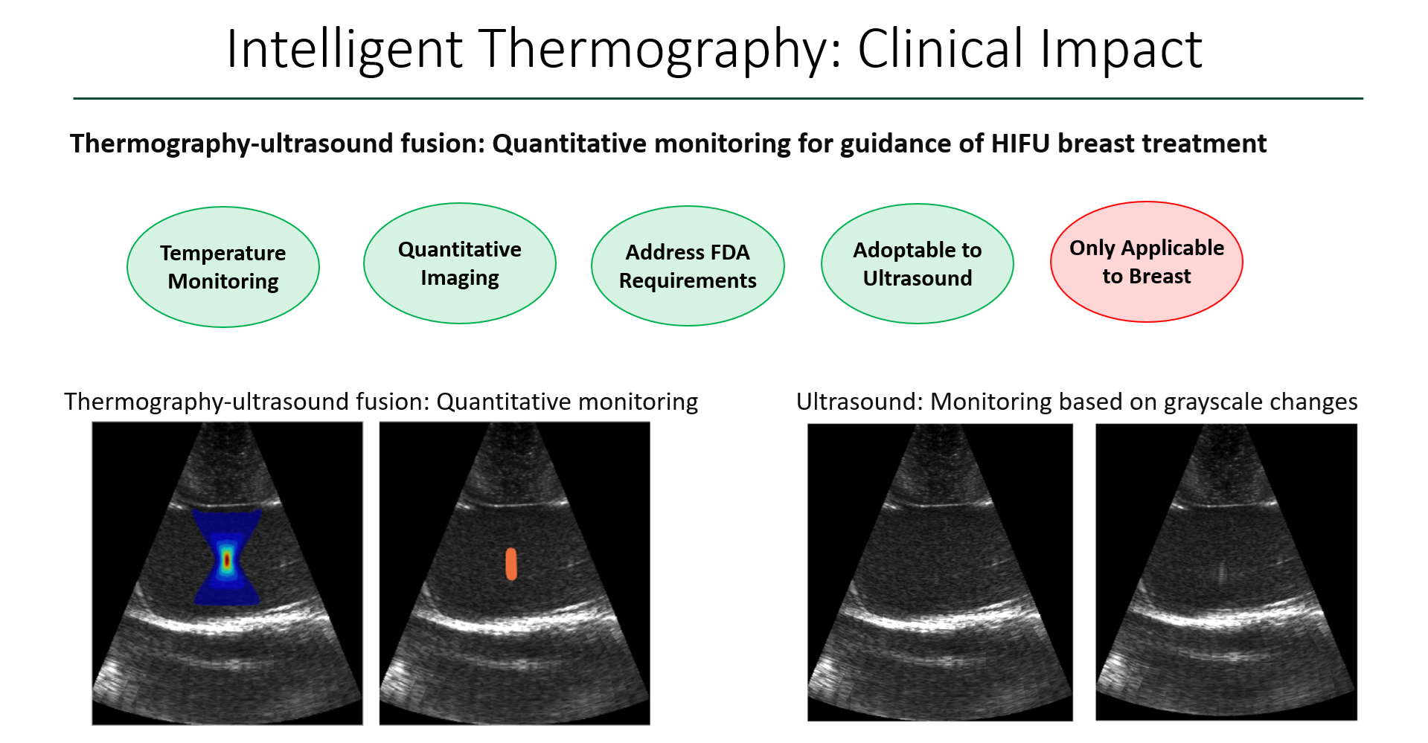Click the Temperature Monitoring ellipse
[223, 267]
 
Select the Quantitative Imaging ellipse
[460, 263]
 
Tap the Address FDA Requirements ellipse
[688, 266]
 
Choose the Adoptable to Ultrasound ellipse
[918, 264]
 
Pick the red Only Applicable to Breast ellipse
[1147, 262]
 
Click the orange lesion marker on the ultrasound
[511, 564]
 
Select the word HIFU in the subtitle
[1019, 143]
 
